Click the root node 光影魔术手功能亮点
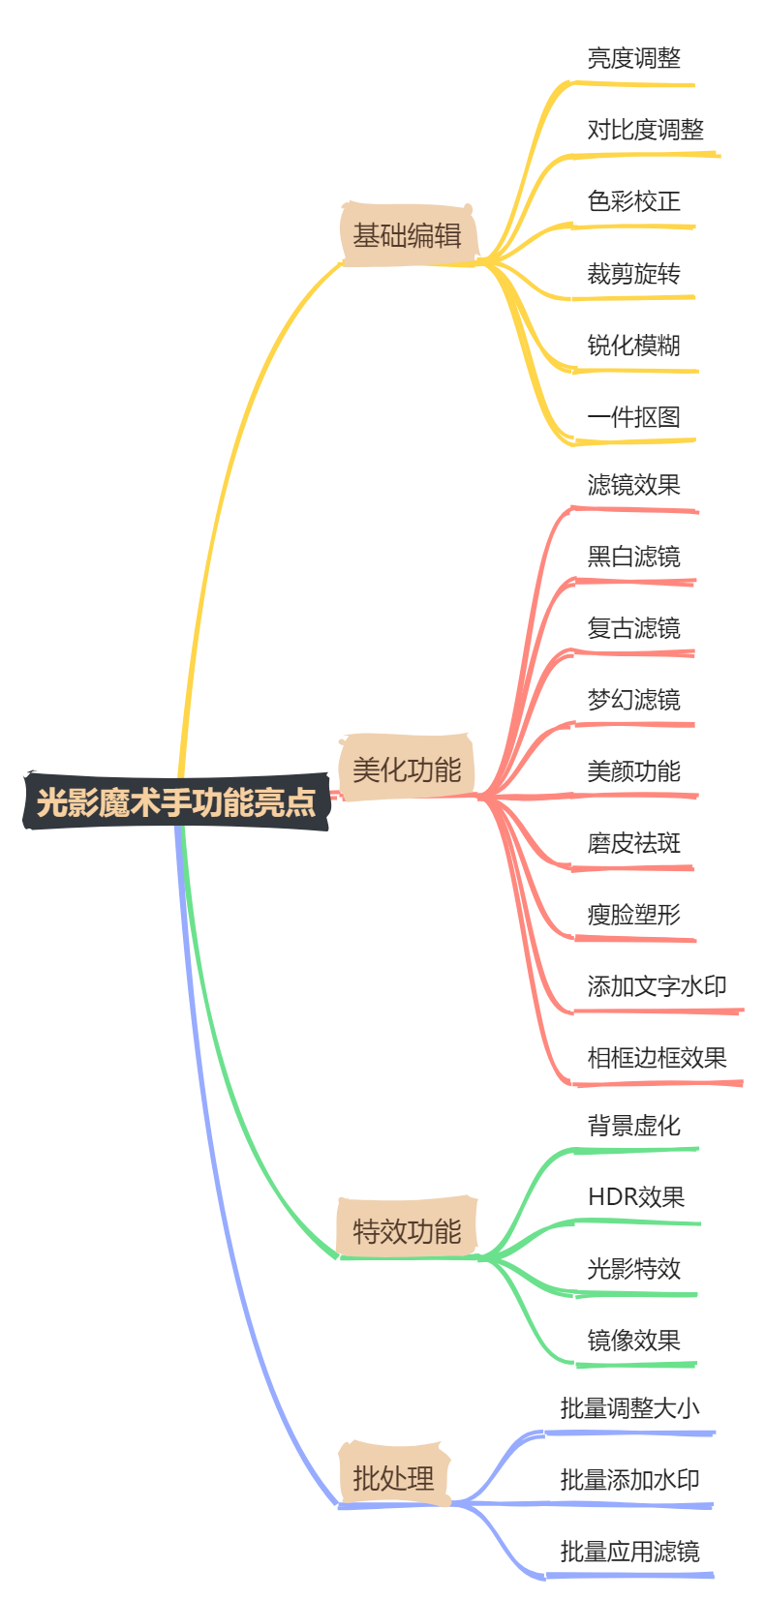tap(176, 802)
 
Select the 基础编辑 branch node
tap(407, 235)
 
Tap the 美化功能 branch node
tap(407, 770)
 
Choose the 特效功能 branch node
tap(407, 1231)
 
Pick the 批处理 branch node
tap(393, 1478)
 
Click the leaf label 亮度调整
tap(633, 58)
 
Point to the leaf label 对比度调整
tap(645, 130)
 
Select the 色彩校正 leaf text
tap(633, 201)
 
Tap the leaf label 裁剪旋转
tap(633, 274)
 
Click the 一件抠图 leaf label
tap(633, 417)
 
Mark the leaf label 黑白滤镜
tap(633, 557)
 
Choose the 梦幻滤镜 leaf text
tap(633, 700)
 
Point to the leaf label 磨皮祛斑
tap(633, 843)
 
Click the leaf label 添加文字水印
tap(657, 986)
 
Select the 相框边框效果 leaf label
tap(657, 1058)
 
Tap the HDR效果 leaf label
tap(635, 1197)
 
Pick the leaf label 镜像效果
tap(633, 1341)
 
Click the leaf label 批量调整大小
tap(629, 1408)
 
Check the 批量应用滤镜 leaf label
tap(629, 1552)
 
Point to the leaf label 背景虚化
tap(633, 1126)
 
